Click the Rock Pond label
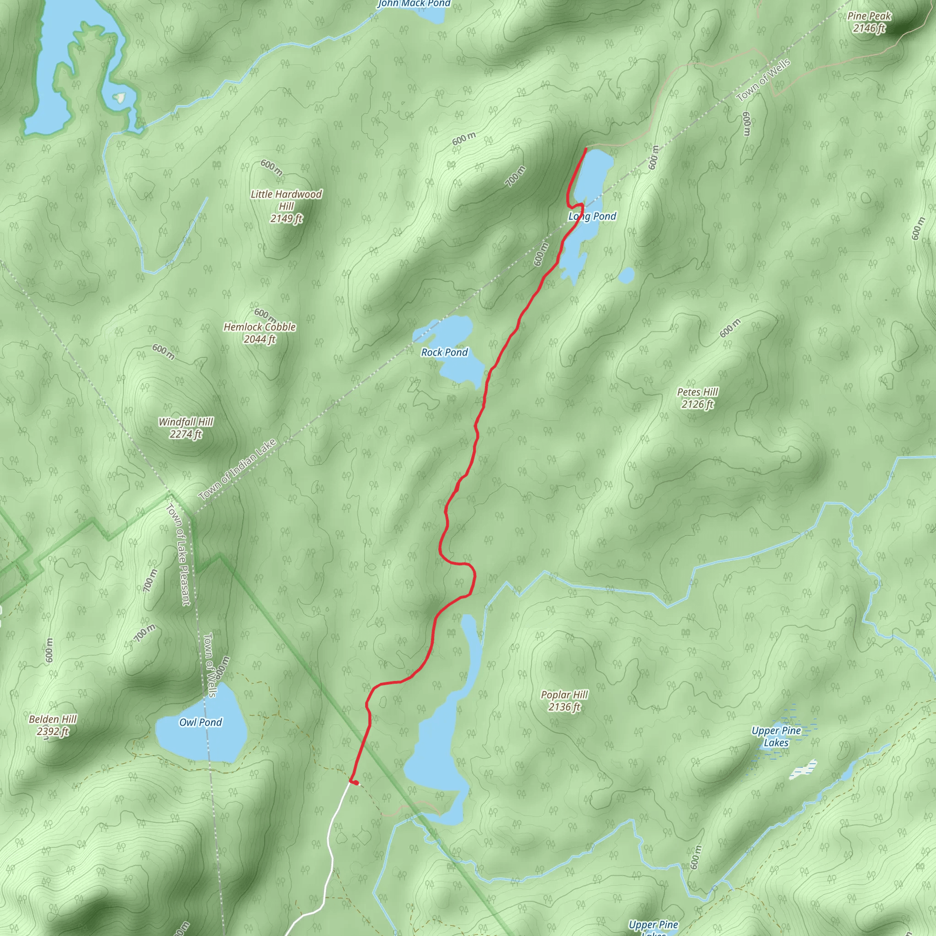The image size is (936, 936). pos(444,352)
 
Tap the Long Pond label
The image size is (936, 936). pos(592,216)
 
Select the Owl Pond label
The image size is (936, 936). pos(201,723)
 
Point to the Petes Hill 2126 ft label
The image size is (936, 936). pos(697,398)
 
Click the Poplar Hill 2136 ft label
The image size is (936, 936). pos(564,701)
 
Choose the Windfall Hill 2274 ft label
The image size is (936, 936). pos(186,428)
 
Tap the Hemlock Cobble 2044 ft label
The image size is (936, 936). pos(260,333)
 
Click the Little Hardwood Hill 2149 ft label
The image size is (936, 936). pos(286,206)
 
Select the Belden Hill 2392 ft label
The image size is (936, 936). pos(53,725)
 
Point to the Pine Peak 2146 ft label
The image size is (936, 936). pos(869,22)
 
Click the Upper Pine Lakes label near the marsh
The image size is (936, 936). pos(776,737)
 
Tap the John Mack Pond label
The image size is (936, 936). pos(414,4)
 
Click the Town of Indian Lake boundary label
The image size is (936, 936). pos(237,469)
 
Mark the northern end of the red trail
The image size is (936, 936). pos(586,149)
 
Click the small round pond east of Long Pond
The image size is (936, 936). pos(627,275)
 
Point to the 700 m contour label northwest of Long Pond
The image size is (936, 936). pos(516,176)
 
